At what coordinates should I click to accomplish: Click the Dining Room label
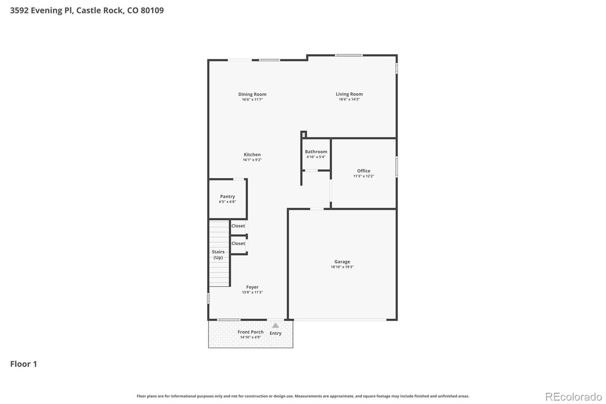pos(252,94)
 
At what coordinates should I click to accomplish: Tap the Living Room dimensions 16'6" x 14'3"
pos(349,99)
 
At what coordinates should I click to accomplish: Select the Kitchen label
pos(252,155)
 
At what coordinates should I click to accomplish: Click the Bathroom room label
pos(316,152)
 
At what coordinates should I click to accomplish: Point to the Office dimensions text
pos(364,176)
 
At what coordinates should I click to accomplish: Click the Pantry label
pos(227,196)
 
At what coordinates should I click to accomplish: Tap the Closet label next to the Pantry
pos(238,226)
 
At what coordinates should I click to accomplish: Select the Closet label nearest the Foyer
pos(238,244)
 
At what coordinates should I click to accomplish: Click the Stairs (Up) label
pos(218,255)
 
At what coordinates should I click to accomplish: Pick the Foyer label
pos(252,287)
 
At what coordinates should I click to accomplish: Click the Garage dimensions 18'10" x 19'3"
pos(342,267)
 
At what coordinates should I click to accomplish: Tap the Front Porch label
pos(250,332)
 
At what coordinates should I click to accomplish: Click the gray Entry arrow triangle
pos(275,326)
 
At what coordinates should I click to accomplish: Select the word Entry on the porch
pos(275,334)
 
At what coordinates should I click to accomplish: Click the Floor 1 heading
pos(23,364)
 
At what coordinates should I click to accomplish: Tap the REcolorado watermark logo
pos(573,397)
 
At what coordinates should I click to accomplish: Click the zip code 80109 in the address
pos(152,11)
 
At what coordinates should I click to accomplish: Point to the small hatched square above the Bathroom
pos(303,135)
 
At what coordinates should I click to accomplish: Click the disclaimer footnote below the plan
pos(303,396)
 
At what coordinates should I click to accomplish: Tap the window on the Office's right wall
pos(397,167)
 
